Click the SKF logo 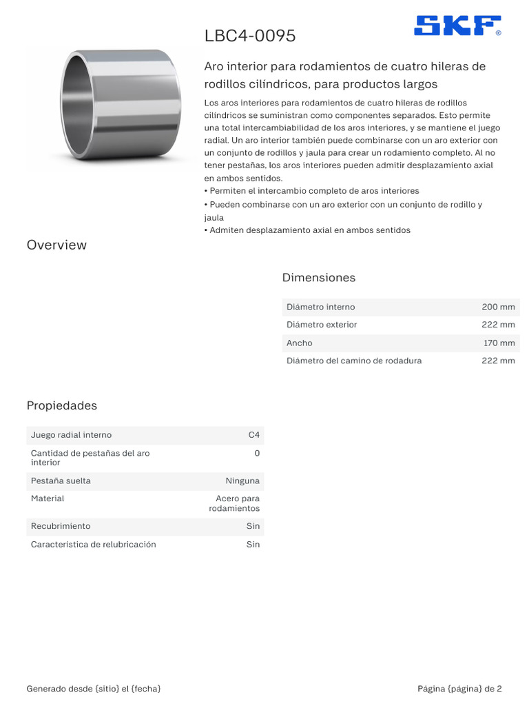457,26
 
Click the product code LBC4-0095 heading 250,36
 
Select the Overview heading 56,245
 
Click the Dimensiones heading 319,278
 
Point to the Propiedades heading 62,405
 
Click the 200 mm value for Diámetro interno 498,307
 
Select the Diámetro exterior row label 322,325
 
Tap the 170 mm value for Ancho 499,343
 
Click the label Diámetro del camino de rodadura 354,361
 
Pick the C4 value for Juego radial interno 254,435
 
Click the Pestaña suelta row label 61,481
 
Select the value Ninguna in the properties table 242,481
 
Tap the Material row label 48,498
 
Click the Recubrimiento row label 61,526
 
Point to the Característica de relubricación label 94,545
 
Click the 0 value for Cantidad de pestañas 257,453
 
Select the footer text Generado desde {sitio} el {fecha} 94,689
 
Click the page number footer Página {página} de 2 459,689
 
